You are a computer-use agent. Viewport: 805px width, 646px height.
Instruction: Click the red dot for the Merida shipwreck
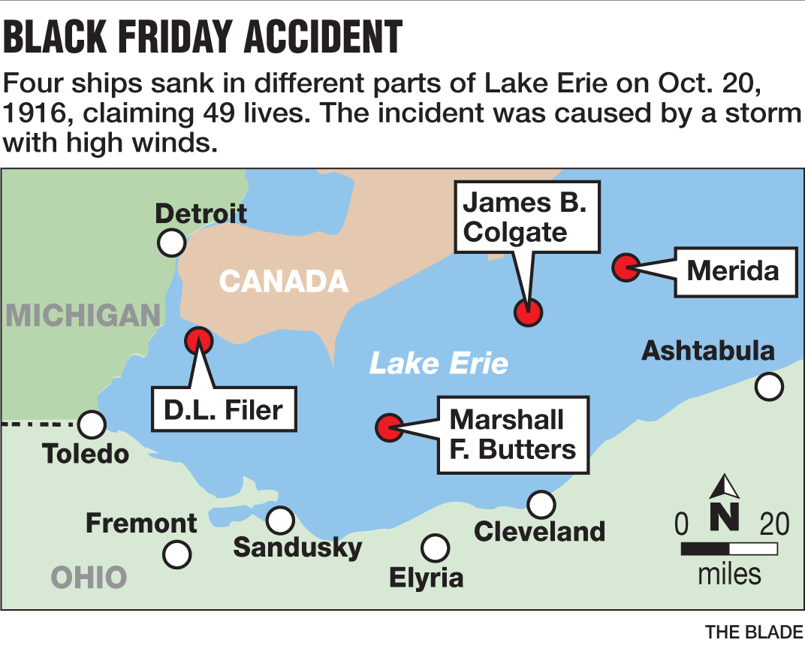pyautogui.click(x=626, y=267)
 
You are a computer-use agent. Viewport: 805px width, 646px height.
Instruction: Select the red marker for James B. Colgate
pyautogui.click(x=528, y=312)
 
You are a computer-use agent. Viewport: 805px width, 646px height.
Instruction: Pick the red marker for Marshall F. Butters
pyautogui.click(x=389, y=427)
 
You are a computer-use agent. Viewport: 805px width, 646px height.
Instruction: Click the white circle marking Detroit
pyautogui.click(x=172, y=243)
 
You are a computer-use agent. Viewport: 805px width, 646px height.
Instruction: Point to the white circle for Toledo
pyautogui.click(x=91, y=424)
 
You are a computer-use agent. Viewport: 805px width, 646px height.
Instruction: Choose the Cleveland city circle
pyautogui.click(x=541, y=504)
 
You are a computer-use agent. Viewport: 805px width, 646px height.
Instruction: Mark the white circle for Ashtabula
pyautogui.click(x=769, y=387)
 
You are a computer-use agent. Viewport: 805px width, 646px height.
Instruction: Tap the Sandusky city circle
pyautogui.click(x=281, y=519)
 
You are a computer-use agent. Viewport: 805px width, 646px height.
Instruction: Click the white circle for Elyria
pyautogui.click(x=435, y=548)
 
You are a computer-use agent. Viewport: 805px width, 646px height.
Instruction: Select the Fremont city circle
pyautogui.click(x=177, y=554)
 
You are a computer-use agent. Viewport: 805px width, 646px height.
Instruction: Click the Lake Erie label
pyautogui.click(x=439, y=364)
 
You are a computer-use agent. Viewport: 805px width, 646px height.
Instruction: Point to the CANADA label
pyautogui.click(x=284, y=282)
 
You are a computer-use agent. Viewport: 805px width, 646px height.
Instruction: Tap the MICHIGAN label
pyautogui.click(x=83, y=315)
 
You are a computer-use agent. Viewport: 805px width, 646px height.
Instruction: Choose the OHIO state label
pyautogui.click(x=89, y=578)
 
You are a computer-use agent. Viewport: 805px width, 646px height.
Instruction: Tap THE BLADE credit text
pyautogui.click(x=754, y=632)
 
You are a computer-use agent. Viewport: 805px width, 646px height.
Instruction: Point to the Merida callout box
pyautogui.click(x=733, y=270)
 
